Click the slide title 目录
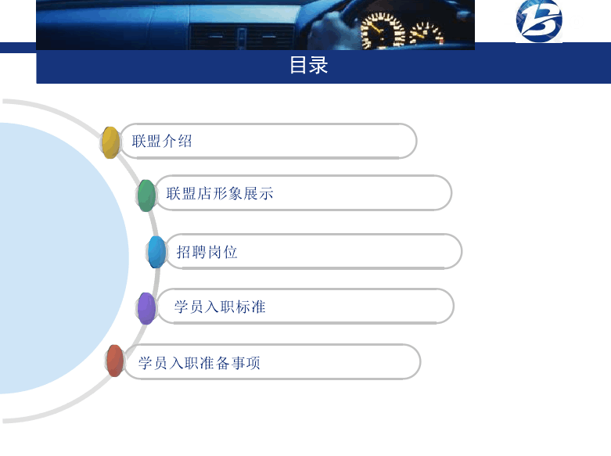click(308, 65)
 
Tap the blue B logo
click(539, 20)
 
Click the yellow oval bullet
click(110, 142)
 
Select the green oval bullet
click(146, 196)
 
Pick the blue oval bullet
click(156, 252)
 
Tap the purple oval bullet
click(146, 308)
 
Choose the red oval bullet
click(115, 361)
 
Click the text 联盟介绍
click(162, 141)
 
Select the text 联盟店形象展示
click(220, 193)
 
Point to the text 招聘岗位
click(207, 252)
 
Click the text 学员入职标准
click(220, 307)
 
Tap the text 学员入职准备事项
click(199, 363)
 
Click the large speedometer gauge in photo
click(383, 31)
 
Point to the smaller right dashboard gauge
click(426, 34)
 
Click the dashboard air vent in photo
click(242, 38)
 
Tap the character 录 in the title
click(318, 65)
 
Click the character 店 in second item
click(204, 193)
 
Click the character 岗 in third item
click(214, 252)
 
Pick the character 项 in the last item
click(253, 363)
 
